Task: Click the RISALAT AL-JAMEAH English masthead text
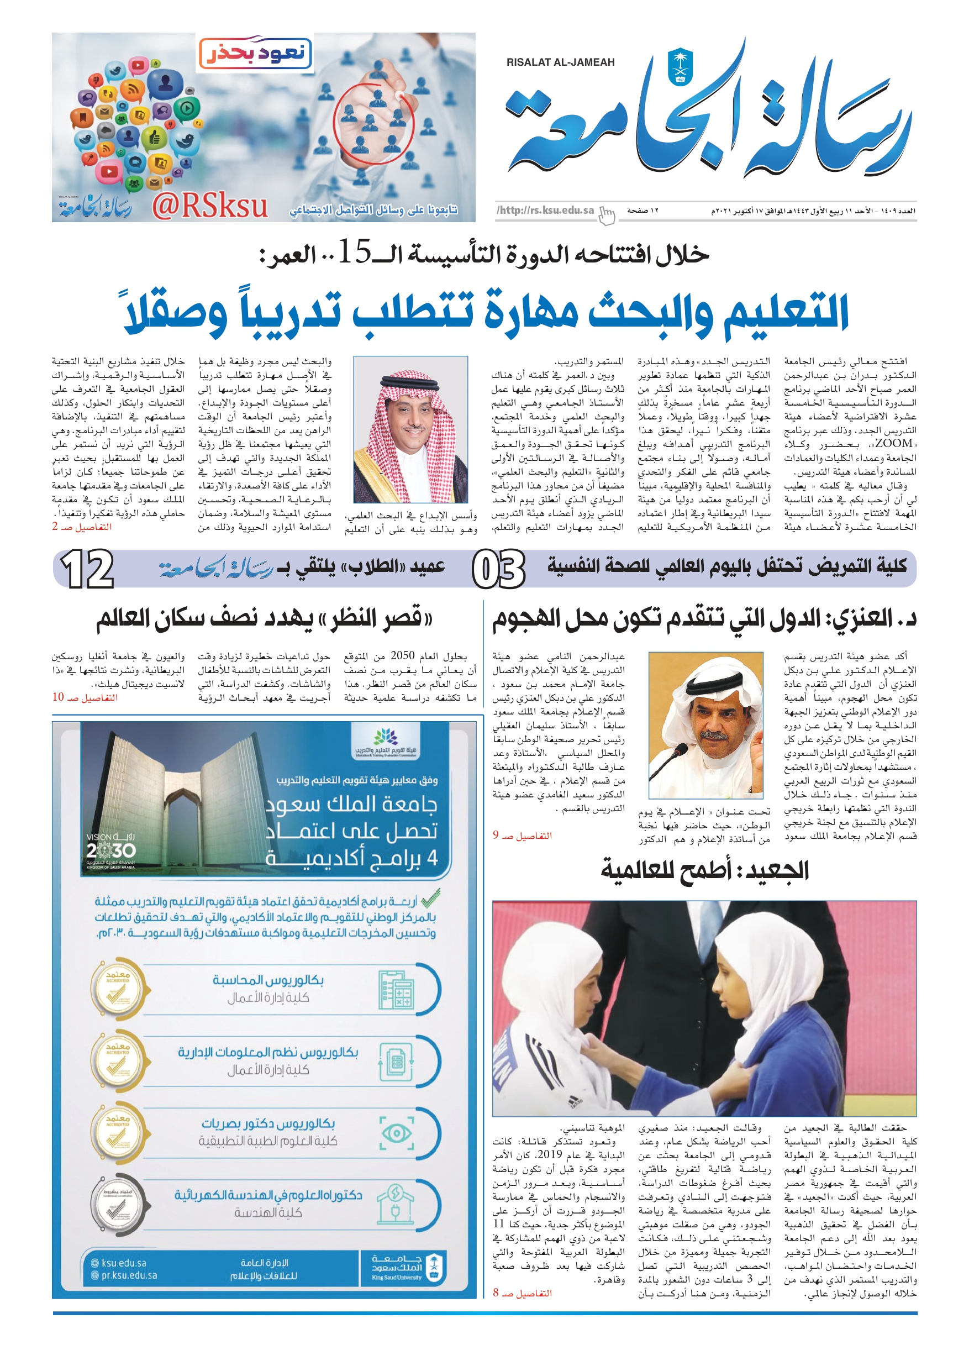[x=560, y=62]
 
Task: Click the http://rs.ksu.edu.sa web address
[x=545, y=210]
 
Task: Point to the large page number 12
[x=87, y=569]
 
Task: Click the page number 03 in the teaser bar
[x=498, y=569]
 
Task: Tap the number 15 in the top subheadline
[x=355, y=253]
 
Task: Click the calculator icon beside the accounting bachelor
[x=397, y=990]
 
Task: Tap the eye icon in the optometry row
[x=397, y=1133]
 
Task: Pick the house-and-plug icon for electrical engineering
[x=397, y=1205]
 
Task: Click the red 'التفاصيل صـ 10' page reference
[x=85, y=697]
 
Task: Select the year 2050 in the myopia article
[x=402, y=655]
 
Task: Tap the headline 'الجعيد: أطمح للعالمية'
[x=704, y=870]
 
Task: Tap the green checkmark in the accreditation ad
[x=430, y=898]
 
